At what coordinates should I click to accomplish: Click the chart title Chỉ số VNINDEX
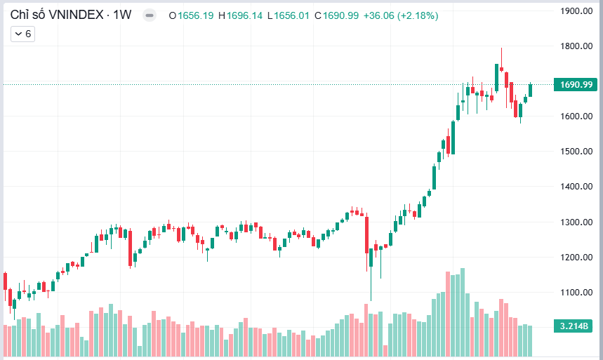[58, 15]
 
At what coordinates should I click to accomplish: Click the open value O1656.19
[192, 15]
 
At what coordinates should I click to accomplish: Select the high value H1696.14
[241, 15]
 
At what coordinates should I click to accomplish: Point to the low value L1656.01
[290, 15]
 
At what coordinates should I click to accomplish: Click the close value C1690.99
[337, 15]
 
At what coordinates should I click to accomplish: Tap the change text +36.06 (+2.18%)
[401, 15]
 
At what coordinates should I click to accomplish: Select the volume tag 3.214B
[576, 326]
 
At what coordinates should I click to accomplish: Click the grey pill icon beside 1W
[149, 15]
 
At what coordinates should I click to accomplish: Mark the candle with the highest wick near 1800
[501, 67]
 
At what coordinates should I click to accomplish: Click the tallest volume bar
[462, 312]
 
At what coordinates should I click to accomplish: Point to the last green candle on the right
[531, 90]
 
